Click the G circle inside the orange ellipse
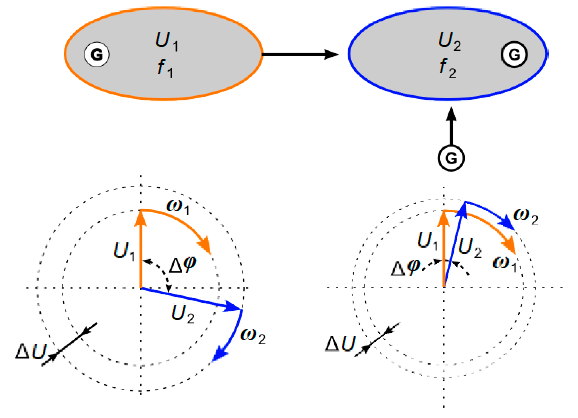point(97,54)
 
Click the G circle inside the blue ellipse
point(514,54)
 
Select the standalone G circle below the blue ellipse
point(451,158)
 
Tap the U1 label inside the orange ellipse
point(166,41)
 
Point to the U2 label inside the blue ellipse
point(449,41)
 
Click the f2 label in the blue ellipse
point(448,68)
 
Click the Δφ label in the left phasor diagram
point(183,265)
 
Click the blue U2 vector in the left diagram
point(189,299)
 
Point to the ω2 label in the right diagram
point(525,217)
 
